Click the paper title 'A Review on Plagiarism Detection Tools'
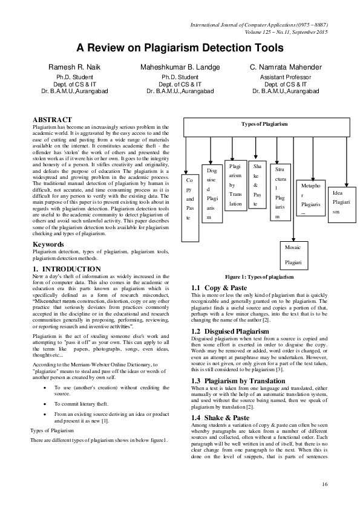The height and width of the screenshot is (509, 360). [x=179, y=47]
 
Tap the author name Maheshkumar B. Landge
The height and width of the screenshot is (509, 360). [x=180, y=67]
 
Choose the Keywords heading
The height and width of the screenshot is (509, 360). [x=48, y=244]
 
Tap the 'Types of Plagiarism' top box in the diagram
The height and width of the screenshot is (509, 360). [x=264, y=124]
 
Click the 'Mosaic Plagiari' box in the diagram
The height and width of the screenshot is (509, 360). [x=294, y=255]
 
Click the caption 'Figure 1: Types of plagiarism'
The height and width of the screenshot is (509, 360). [x=258, y=276]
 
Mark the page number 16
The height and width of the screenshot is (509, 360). [x=325, y=484]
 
